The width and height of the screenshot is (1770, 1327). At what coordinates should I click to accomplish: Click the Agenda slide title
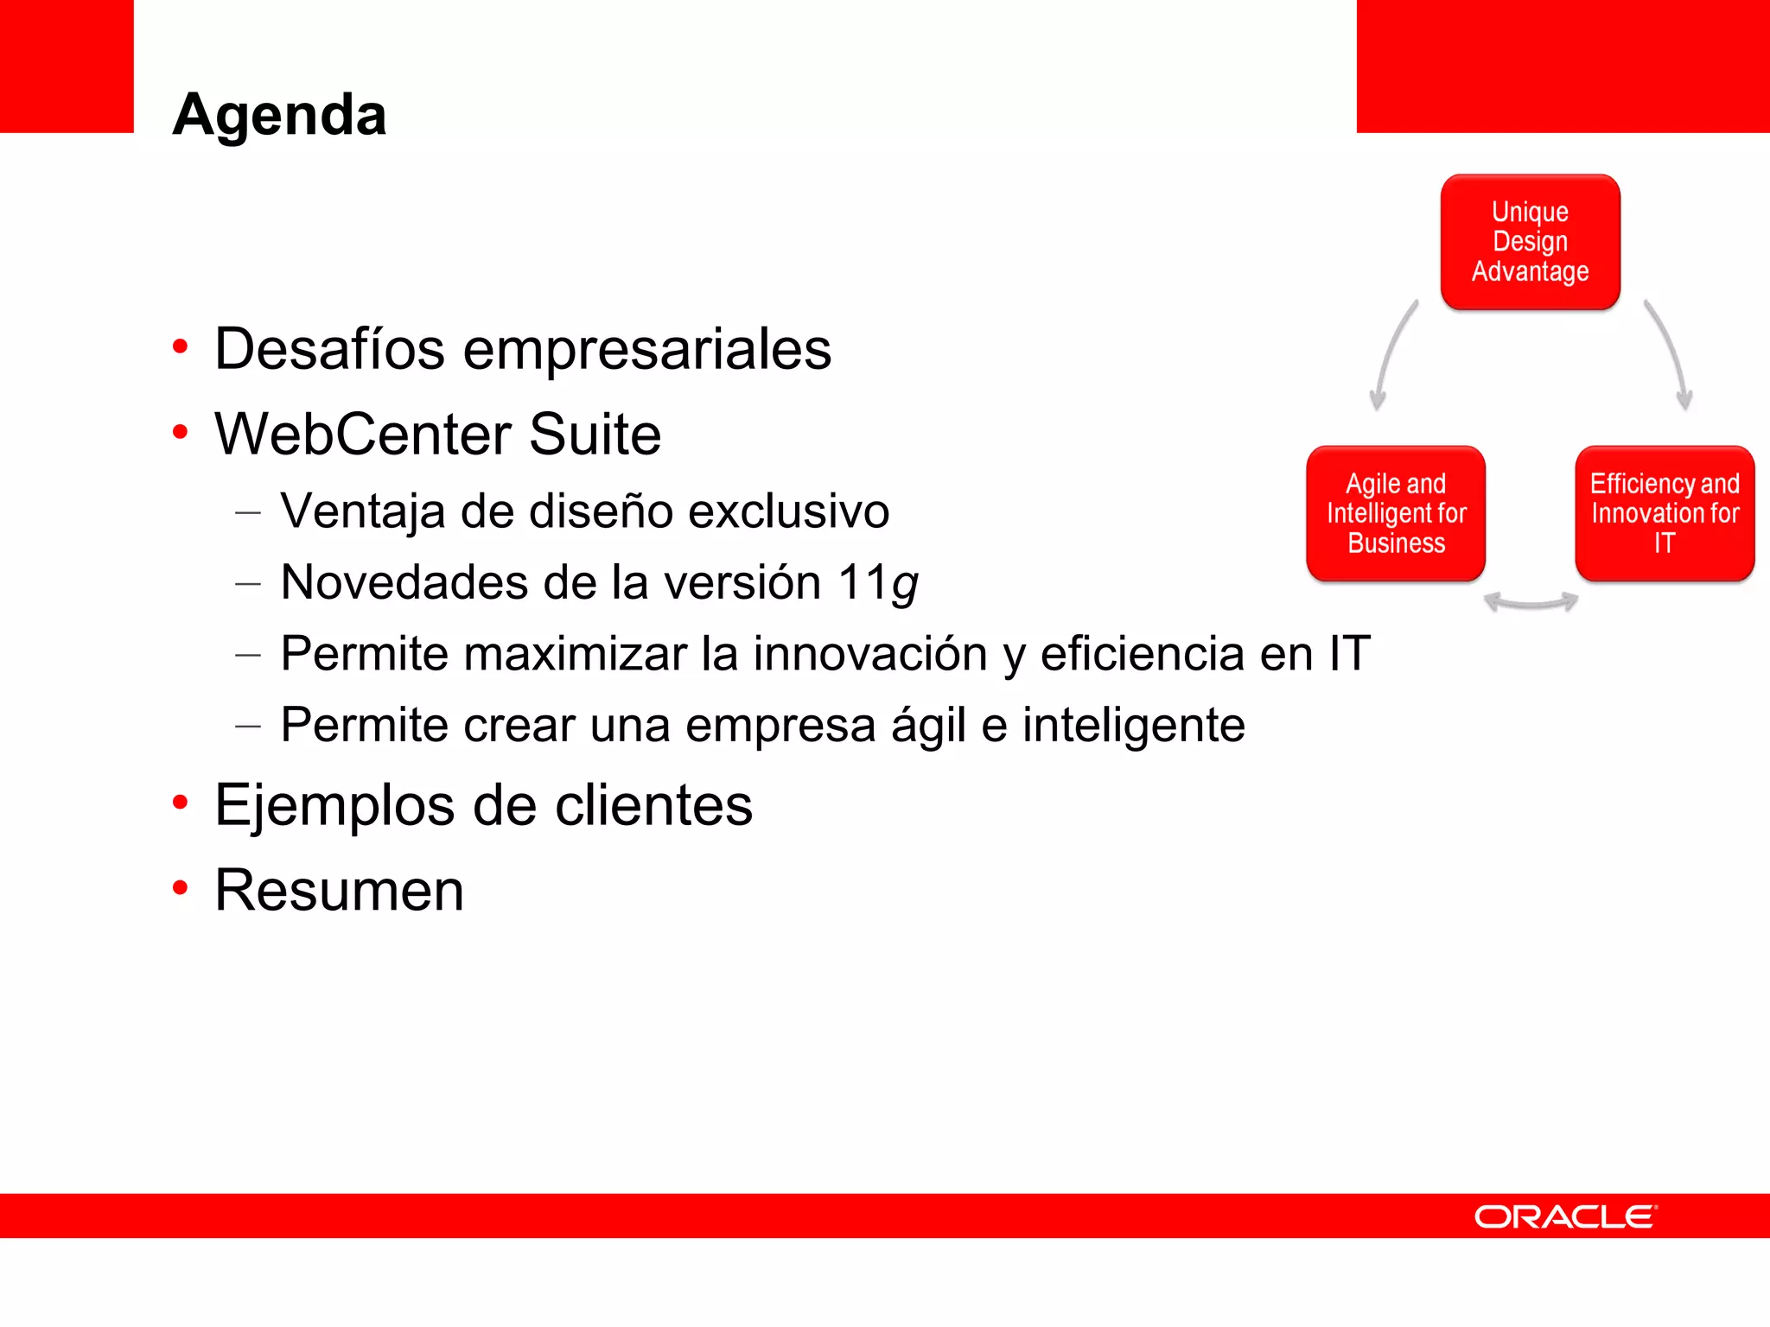point(279,115)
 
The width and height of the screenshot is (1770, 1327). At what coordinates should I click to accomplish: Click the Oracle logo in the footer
point(1565,1216)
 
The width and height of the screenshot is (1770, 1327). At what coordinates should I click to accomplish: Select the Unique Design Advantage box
point(1530,242)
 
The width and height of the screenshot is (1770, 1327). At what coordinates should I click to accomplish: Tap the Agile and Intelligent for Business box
point(1396,513)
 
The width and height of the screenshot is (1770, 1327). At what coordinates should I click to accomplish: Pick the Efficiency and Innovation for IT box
point(1665,513)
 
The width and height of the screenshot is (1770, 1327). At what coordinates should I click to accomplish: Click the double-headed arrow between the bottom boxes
point(1531,602)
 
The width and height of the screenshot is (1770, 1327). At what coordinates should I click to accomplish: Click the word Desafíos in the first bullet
point(329,350)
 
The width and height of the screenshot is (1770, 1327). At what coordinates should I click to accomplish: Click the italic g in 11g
point(904,586)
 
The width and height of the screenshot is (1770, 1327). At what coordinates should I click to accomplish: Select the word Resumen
point(339,890)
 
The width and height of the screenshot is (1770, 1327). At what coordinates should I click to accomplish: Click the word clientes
point(653,805)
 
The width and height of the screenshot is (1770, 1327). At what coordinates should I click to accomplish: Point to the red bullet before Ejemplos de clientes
point(180,803)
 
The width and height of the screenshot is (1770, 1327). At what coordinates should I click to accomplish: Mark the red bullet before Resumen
point(180,887)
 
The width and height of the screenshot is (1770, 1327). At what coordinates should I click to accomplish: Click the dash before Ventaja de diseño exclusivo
point(248,512)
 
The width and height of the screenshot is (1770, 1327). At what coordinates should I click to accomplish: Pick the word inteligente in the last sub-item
point(1133,725)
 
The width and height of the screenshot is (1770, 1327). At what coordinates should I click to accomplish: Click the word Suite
point(595,434)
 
